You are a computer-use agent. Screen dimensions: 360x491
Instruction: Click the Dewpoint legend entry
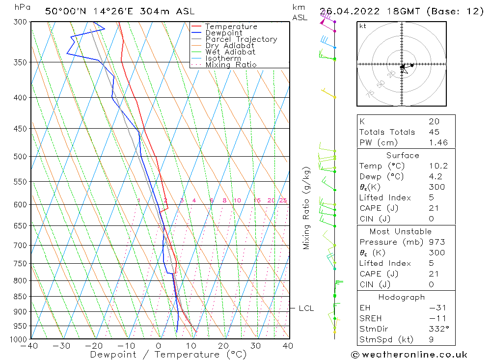click(x=223, y=33)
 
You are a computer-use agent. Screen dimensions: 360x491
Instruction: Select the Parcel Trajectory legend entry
click(x=241, y=39)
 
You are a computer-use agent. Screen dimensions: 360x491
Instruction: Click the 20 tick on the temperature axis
click(x=223, y=346)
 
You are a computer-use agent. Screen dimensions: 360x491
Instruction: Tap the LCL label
click(x=306, y=308)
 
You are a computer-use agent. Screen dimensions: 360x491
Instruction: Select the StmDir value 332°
click(x=436, y=329)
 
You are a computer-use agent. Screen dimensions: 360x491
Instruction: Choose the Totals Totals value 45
click(x=434, y=132)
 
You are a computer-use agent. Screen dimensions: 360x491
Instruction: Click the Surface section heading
click(x=402, y=155)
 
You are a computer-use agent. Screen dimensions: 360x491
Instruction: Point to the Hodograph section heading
click(x=402, y=297)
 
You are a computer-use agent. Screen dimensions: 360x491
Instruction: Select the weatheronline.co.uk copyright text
click(x=409, y=355)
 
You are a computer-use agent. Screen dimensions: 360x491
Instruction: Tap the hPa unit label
click(x=22, y=7)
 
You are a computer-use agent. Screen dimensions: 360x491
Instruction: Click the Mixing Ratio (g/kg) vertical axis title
click(x=306, y=208)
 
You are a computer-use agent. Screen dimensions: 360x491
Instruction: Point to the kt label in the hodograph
click(x=363, y=26)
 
